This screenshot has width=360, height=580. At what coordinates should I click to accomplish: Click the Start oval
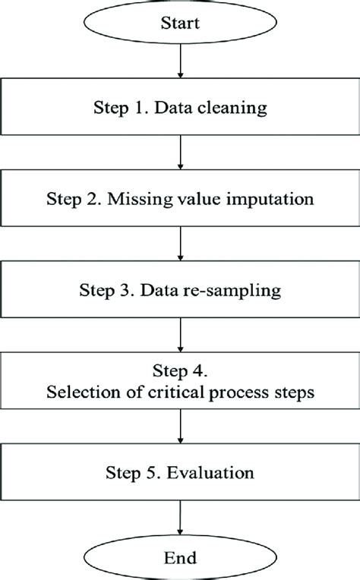(179, 24)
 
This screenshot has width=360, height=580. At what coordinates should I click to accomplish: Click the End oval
(179, 558)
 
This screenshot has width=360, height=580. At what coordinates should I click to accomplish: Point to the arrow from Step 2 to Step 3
(179, 243)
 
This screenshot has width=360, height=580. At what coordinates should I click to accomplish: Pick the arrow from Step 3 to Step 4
(179, 333)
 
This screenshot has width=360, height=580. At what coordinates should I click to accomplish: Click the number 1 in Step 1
(139, 108)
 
